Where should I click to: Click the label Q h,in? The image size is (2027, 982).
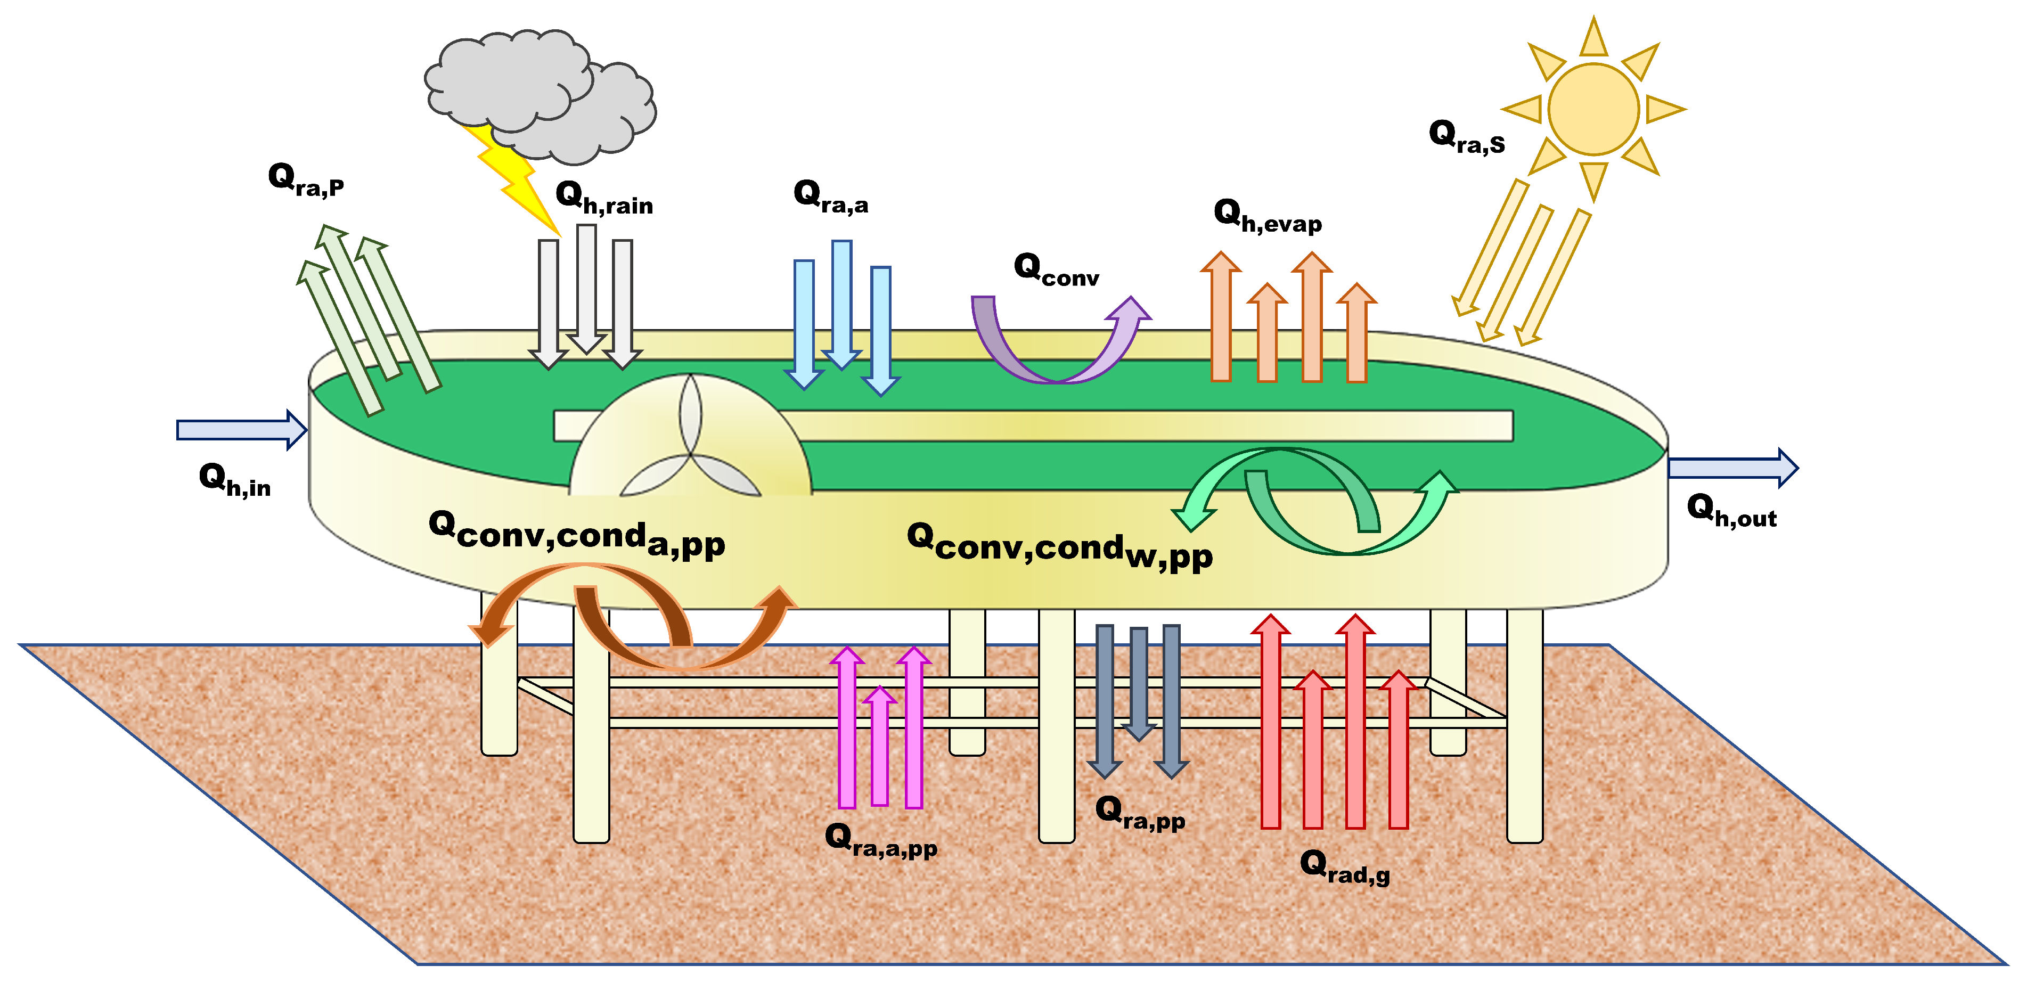(x=234, y=480)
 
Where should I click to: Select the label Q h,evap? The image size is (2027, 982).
(x=1268, y=216)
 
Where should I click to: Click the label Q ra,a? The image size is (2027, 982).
(x=831, y=197)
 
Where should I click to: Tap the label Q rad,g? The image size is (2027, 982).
(x=1345, y=867)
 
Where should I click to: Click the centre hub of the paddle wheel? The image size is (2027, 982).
(x=691, y=453)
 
